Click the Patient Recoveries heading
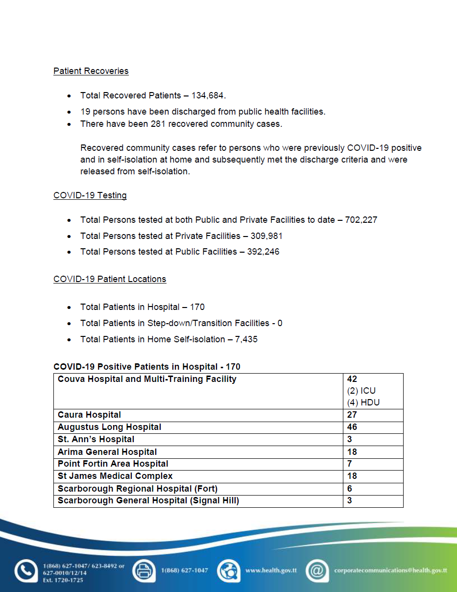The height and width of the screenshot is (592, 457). [x=91, y=71]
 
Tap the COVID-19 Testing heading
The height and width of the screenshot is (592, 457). [x=90, y=195]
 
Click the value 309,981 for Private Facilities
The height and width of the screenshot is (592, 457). [x=266, y=236]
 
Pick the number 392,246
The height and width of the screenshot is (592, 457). [x=263, y=252]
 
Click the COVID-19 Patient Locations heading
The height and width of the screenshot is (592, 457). [x=110, y=279]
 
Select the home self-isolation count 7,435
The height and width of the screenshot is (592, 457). [x=246, y=339]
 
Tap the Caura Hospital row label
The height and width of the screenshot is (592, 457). [x=89, y=415]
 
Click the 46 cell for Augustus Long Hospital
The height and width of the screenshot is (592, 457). [x=352, y=427]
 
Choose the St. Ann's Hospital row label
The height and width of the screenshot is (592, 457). [x=96, y=439]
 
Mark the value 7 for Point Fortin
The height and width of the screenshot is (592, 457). [x=349, y=464]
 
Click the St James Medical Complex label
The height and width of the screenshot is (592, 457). [x=115, y=476]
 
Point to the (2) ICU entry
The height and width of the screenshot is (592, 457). [x=361, y=391]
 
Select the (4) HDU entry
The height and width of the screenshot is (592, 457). [x=363, y=403]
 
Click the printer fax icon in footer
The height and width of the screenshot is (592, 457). [x=144, y=571]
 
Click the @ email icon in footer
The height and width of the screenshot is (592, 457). [x=317, y=571]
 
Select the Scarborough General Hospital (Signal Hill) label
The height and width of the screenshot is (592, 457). [x=148, y=500]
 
